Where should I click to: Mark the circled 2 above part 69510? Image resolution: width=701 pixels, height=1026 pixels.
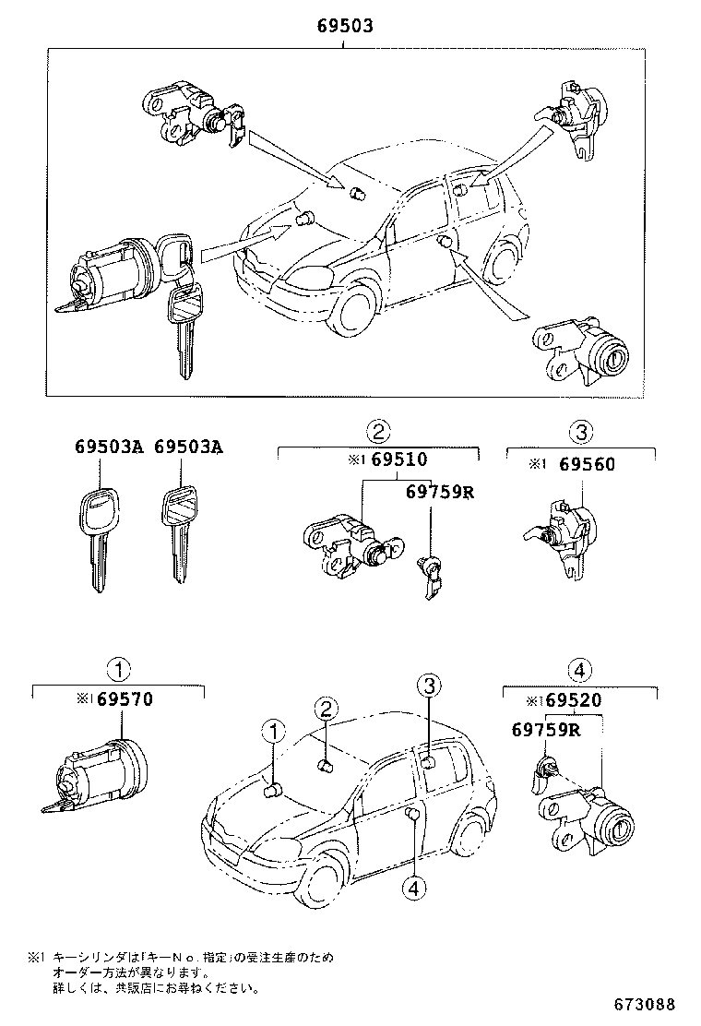(x=378, y=430)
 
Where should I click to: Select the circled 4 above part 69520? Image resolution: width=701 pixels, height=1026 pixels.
(x=579, y=671)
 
